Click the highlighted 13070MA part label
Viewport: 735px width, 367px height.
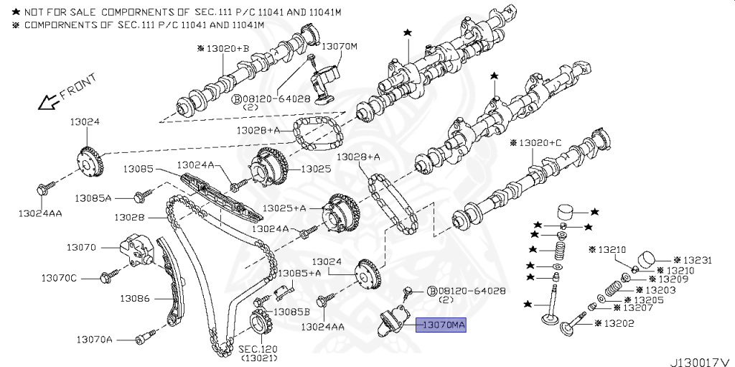click(444, 325)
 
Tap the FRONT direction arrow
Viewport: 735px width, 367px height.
click(47, 101)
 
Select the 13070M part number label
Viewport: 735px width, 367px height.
click(339, 46)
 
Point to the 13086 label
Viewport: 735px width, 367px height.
click(134, 297)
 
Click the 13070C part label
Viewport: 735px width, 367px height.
click(59, 277)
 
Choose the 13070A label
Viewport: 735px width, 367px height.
click(95, 338)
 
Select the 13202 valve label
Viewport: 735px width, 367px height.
click(618, 323)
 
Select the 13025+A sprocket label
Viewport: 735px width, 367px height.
click(284, 208)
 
